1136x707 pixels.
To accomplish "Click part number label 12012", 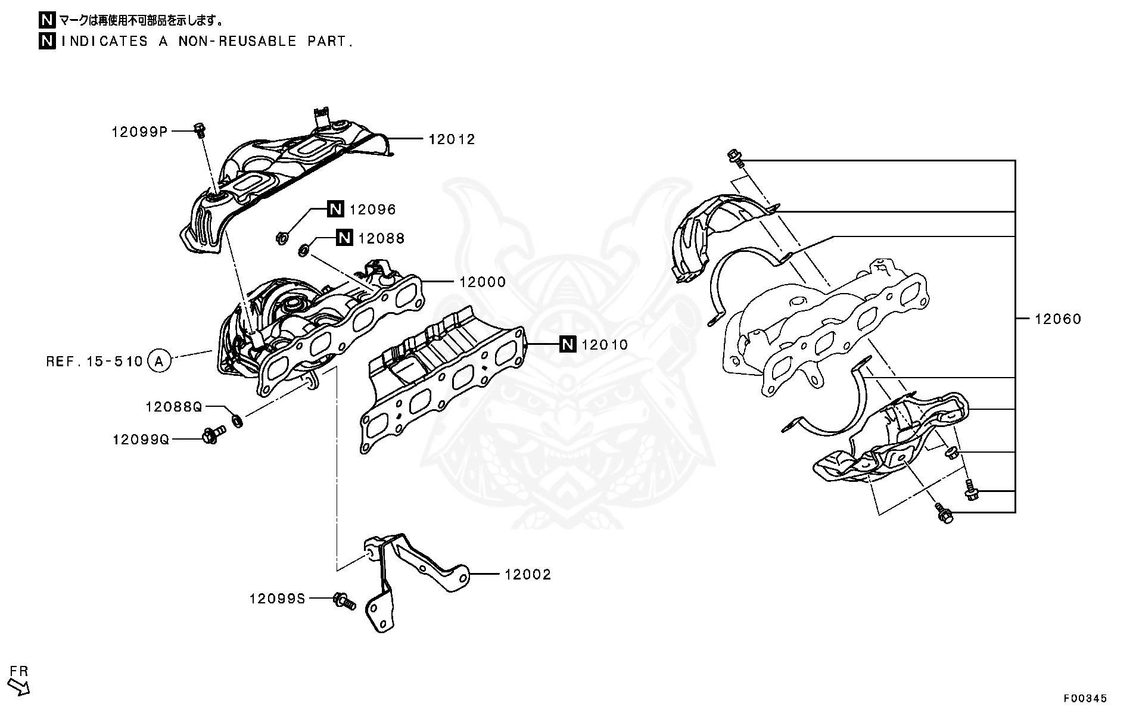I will (x=452, y=139).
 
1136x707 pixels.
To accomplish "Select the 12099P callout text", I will (x=139, y=132).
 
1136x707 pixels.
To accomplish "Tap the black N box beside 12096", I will (x=335, y=209).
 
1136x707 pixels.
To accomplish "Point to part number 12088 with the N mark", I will (x=381, y=238).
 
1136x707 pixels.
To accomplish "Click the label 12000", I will (x=482, y=282).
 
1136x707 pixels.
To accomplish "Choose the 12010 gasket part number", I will (x=604, y=345).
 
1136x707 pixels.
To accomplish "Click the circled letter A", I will (x=158, y=360).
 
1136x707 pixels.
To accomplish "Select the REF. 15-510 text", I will (x=94, y=362).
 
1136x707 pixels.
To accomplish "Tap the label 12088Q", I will (x=174, y=407).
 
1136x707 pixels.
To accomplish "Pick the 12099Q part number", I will (x=141, y=440).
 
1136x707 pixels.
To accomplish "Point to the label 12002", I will (x=528, y=575).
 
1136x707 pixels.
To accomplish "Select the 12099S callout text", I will (x=277, y=599).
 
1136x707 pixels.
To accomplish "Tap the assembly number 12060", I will (x=1057, y=319).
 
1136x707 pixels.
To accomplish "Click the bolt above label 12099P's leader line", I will (x=200, y=129).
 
